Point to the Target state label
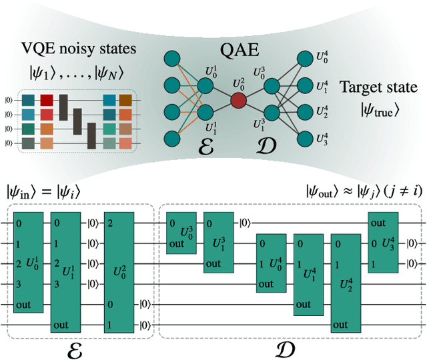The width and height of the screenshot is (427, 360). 376,87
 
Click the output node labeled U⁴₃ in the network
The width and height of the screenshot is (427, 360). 306,138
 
